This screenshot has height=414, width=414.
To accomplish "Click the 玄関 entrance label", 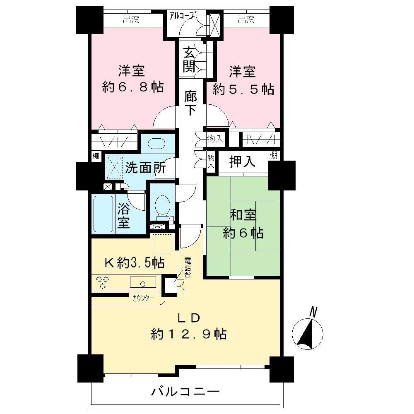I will pos(189,60).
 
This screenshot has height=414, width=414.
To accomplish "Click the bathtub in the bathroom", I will pos(103,214).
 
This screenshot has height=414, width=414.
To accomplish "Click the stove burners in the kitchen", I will pos(101,283).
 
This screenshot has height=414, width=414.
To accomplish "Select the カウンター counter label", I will pos(142,297).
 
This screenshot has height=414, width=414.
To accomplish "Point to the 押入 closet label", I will pos(243,161).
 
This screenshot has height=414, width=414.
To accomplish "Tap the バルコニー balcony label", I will pos(185,391).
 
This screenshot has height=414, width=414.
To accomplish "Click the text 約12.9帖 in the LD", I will pos(188,334).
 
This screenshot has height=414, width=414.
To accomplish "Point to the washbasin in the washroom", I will pos(156,143).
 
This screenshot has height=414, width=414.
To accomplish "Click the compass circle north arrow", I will pos(307,333).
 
